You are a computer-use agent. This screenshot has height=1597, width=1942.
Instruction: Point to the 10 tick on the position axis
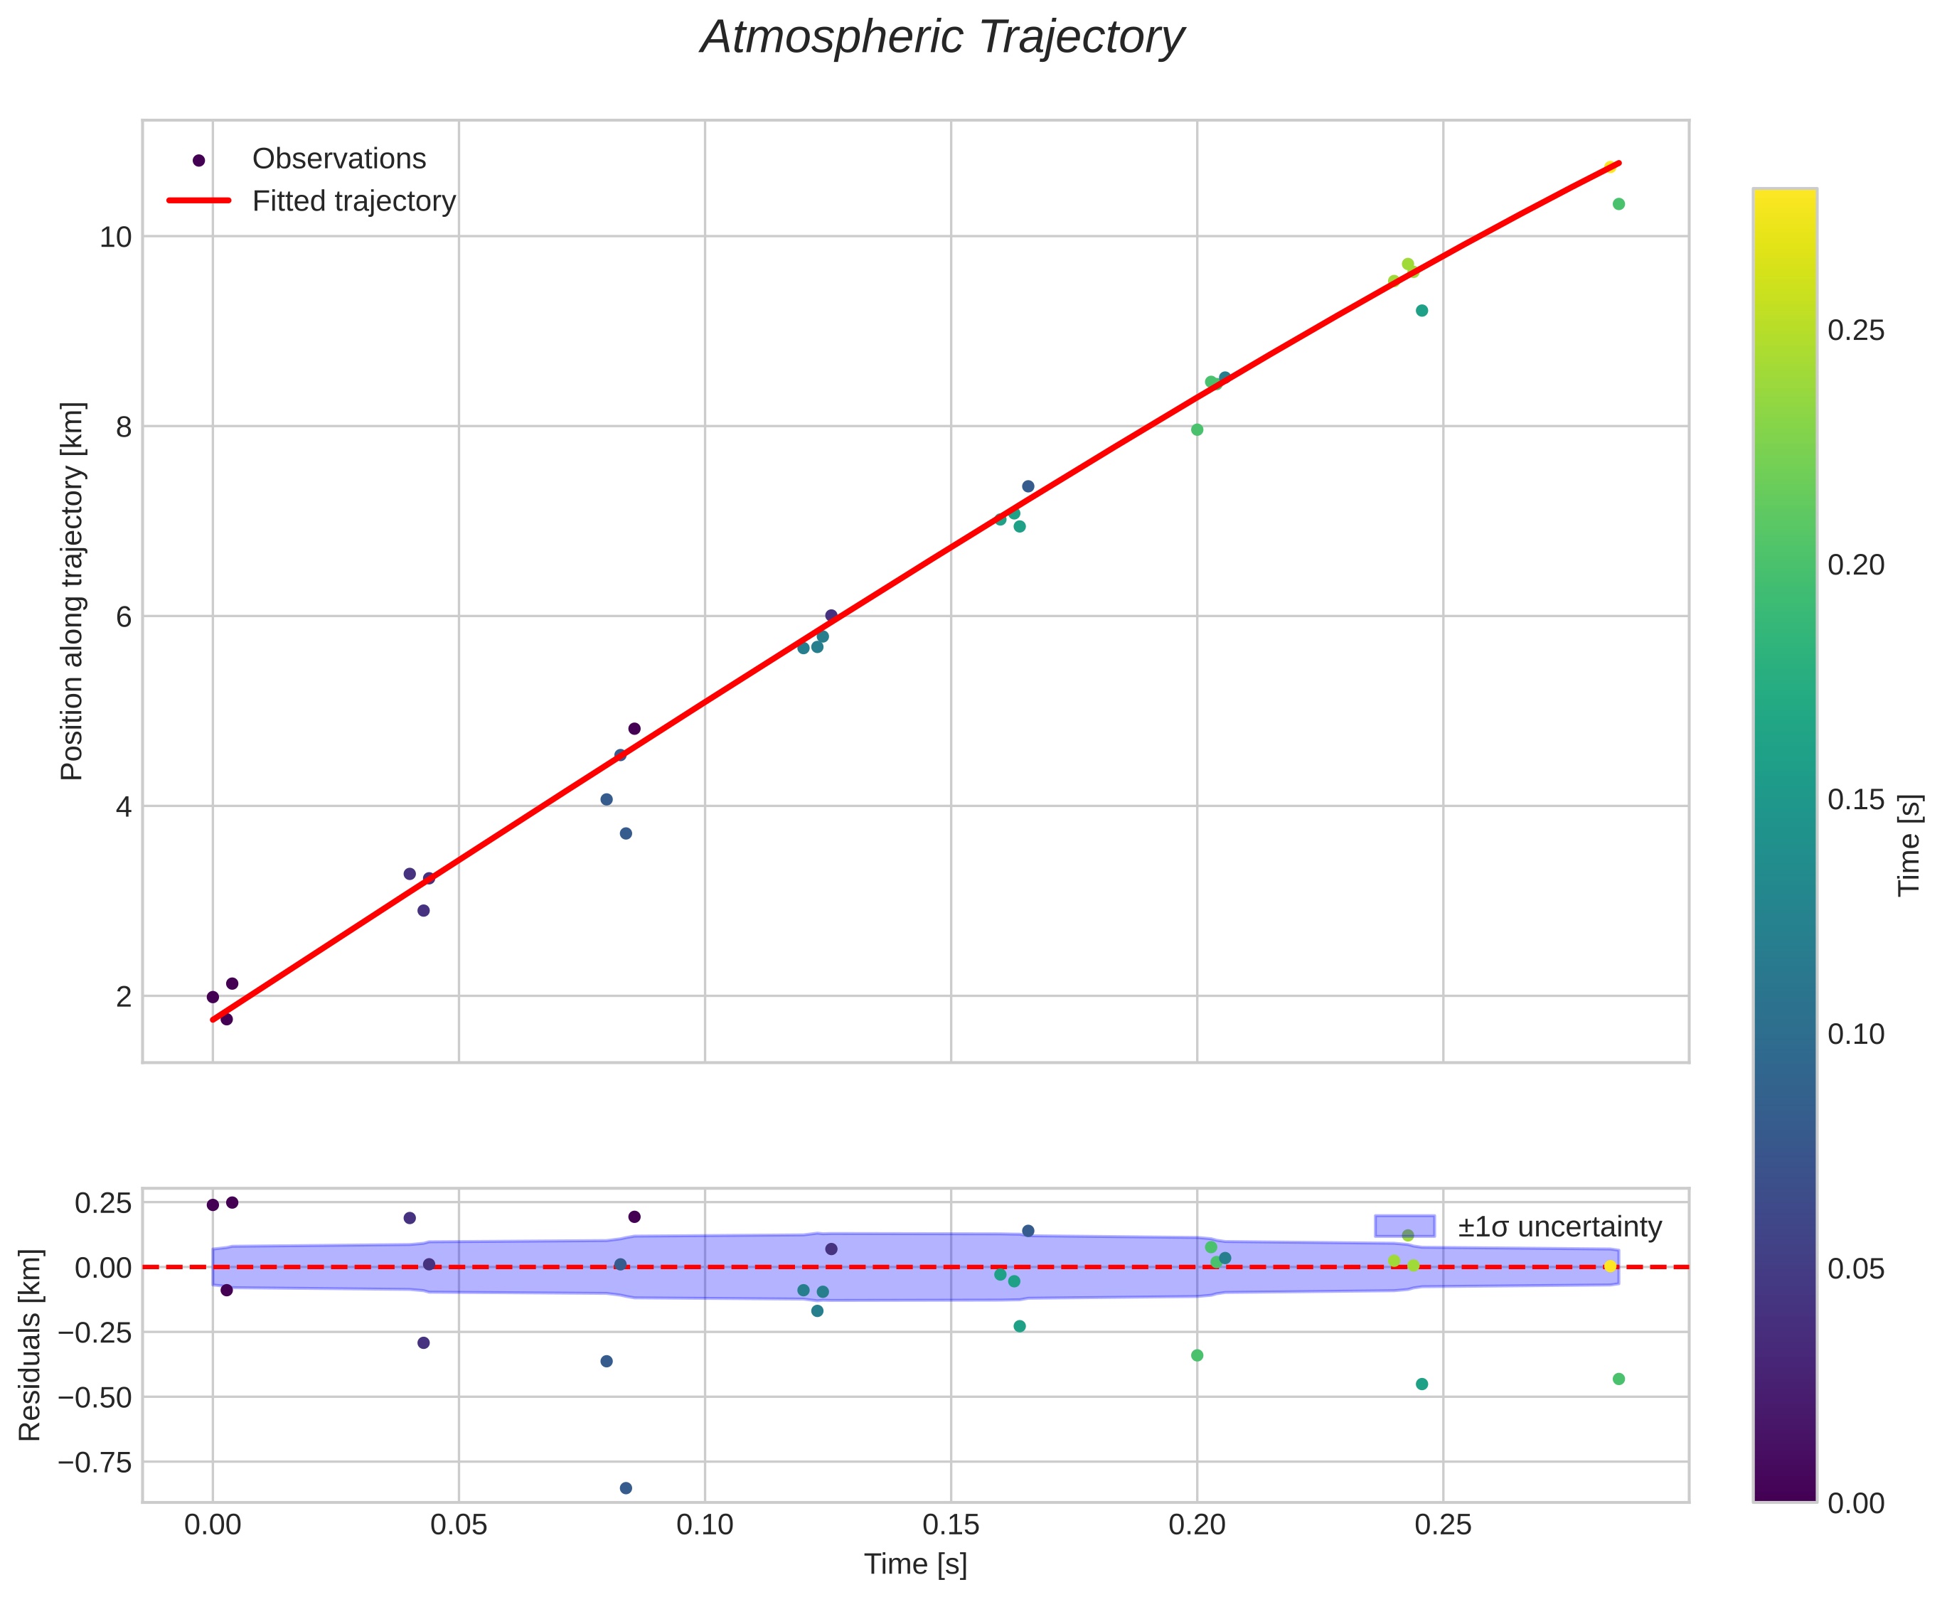pyautogui.click(x=116, y=237)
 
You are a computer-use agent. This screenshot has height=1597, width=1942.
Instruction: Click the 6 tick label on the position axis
pyautogui.click(x=123, y=616)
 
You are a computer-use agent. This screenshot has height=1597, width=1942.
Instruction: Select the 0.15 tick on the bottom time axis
pyautogui.click(x=950, y=1526)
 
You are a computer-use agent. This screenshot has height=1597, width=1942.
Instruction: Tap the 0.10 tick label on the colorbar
pyautogui.click(x=1855, y=1034)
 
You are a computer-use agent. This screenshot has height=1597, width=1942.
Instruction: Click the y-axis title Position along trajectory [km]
pyautogui.click(x=72, y=591)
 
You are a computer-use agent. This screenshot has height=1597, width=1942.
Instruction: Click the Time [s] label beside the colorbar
pyautogui.click(x=1910, y=845)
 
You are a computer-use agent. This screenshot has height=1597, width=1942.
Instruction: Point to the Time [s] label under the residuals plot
pyautogui.click(x=915, y=1565)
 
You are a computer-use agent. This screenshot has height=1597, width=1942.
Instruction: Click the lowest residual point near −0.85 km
pyautogui.click(x=626, y=1488)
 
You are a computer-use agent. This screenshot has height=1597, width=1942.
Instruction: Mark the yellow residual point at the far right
pyautogui.click(x=1610, y=1267)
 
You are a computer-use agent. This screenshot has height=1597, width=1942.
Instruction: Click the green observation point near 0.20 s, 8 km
pyautogui.click(x=1197, y=429)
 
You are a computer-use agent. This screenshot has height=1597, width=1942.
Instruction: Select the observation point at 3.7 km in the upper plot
pyautogui.click(x=626, y=833)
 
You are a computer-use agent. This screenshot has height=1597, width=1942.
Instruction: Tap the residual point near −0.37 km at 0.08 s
pyautogui.click(x=607, y=1362)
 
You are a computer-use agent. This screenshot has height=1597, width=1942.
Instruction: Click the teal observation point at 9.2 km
pyautogui.click(x=1421, y=311)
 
